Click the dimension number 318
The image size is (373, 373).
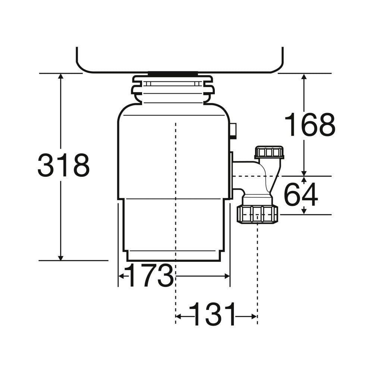tap(64, 165)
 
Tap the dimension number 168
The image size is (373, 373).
tap(310, 125)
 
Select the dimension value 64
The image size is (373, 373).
tap(301, 195)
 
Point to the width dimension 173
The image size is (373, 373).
tap(150, 276)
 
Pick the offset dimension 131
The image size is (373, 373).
tap(213, 314)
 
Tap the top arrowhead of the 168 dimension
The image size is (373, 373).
tap(304, 77)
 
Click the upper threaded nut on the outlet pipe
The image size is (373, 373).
tap(269, 153)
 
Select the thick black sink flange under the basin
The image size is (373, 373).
tap(173, 74)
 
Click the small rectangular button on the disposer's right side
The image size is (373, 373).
tap(233, 131)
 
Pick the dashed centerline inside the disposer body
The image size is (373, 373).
tap(175, 186)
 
